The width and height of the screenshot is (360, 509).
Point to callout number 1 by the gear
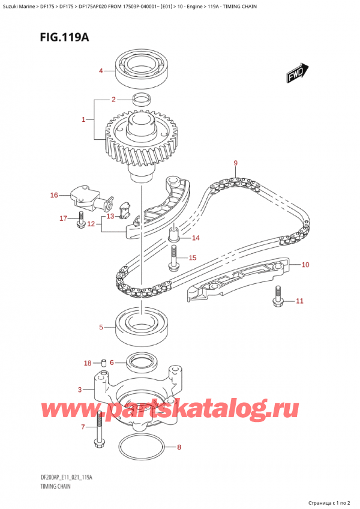pyautogui.click(x=84, y=120)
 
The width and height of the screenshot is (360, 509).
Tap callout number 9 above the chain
pyautogui.click(x=235, y=163)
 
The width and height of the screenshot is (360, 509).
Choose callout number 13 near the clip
pyautogui.click(x=110, y=216)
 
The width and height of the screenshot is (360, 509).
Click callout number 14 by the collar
pyautogui.click(x=196, y=238)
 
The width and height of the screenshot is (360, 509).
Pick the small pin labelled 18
pyautogui.click(x=103, y=363)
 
